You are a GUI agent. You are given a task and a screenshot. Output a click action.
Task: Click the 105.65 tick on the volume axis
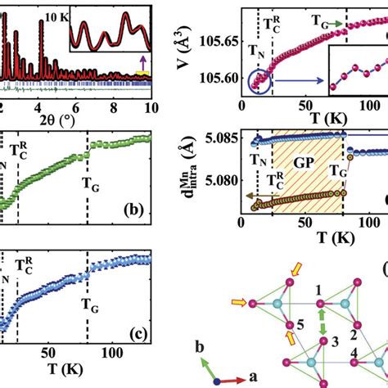pos(215,39)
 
